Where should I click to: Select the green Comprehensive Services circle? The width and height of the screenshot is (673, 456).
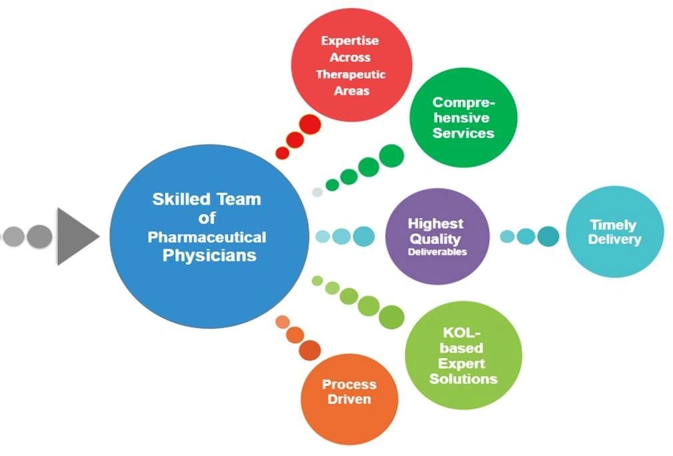coord(463,118)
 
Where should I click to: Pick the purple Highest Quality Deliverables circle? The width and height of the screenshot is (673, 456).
coord(436,237)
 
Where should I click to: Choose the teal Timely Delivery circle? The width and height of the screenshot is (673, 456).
coord(614,231)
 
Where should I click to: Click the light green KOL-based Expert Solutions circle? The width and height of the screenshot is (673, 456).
coord(463,355)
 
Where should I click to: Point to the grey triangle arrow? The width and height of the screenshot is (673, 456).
coord(75,237)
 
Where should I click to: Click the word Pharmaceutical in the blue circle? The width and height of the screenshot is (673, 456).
coord(207,237)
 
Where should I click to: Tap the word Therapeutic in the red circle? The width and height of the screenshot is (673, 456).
coord(351,75)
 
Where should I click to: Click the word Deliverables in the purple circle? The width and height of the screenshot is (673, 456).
coord(437,252)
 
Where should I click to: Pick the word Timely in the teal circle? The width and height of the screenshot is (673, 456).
coord(612,225)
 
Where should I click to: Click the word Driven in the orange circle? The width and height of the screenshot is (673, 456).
coord(349,399)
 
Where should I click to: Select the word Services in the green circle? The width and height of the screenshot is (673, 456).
coord(463,133)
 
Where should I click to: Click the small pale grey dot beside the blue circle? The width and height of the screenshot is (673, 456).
coord(317,192)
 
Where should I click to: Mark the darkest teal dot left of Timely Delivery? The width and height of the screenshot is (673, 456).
coord(548,236)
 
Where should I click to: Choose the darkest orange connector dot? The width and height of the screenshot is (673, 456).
coord(310,349)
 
